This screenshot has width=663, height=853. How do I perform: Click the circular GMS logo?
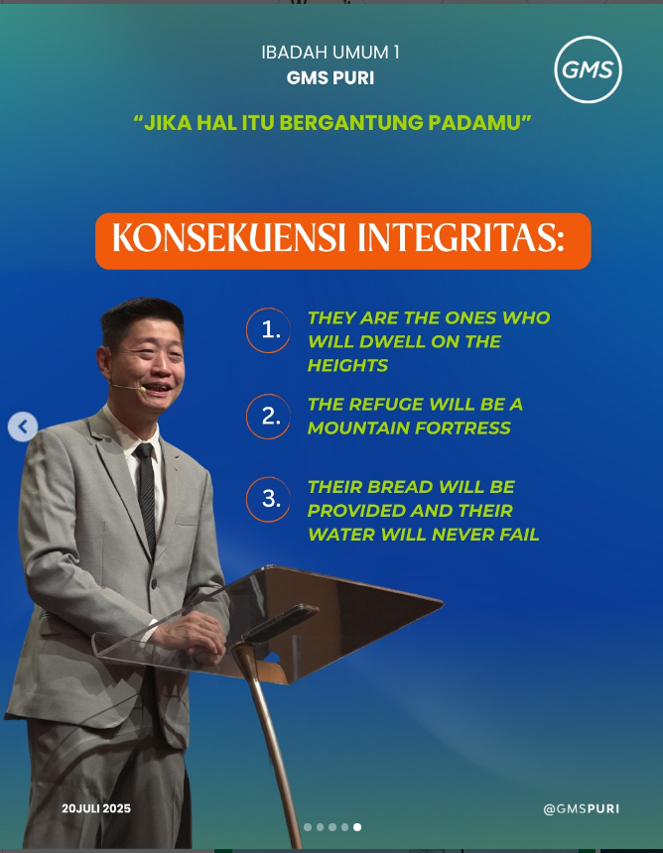(x=588, y=69)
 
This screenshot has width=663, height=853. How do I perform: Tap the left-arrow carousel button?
(x=23, y=426)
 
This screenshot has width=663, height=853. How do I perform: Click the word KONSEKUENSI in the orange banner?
(x=229, y=238)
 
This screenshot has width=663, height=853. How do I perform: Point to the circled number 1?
(x=268, y=330)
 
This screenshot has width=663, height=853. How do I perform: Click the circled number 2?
(x=268, y=417)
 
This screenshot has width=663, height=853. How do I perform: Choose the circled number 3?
(x=268, y=499)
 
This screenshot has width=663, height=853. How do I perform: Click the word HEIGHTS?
(x=347, y=365)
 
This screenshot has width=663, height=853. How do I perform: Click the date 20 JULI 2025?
(x=96, y=808)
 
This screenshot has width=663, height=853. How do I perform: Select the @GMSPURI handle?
(x=582, y=809)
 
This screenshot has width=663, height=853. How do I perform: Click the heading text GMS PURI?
(x=331, y=78)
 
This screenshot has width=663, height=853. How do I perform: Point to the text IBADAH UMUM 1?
(x=331, y=53)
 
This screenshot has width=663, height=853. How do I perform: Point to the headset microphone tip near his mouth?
(x=142, y=389)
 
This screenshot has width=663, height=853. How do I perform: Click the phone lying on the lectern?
(x=279, y=624)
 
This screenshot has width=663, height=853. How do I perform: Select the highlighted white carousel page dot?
(x=357, y=827)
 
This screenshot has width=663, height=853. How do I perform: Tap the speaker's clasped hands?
(x=195, y=638)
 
